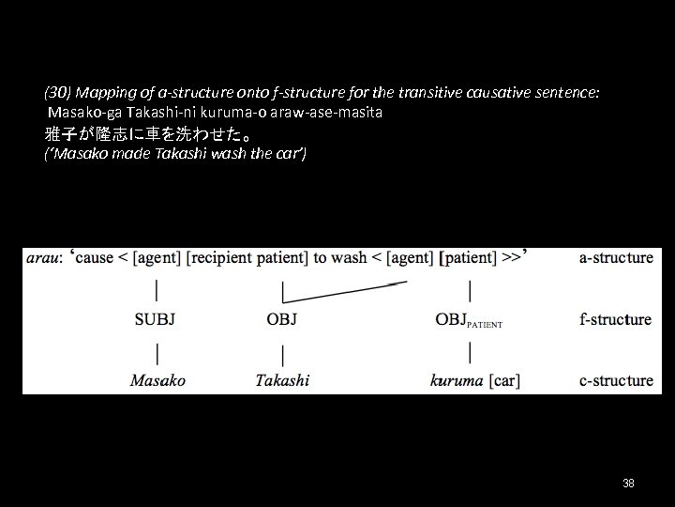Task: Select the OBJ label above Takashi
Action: pos(281,319)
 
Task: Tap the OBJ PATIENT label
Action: pos(469,320)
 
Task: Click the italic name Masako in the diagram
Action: pos(157,380)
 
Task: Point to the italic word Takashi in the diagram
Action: pos(282,380)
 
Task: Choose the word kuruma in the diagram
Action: pos(457,380)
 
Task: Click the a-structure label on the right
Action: pos(616,257)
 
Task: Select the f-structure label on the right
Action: pos(615,319)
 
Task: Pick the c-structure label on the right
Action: pos(616,380)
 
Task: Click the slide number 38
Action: pos(628,483)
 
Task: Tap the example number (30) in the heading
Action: pos(57,94)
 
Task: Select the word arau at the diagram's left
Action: pos(42,257)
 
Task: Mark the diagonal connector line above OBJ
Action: pos(345,290)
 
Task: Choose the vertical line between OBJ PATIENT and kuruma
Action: pos(469,352)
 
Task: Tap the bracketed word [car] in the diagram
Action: pos(503,380)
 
